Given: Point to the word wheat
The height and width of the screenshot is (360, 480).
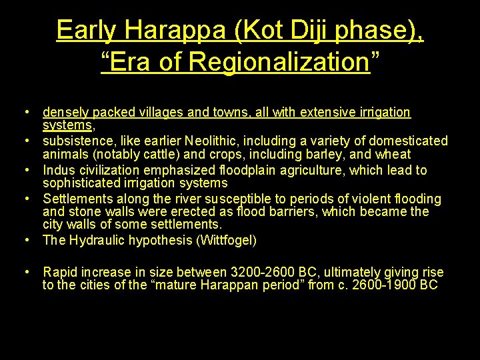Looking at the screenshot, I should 393,155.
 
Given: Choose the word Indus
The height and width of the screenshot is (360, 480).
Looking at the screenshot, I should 59,170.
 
